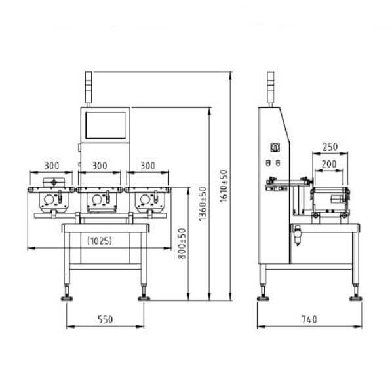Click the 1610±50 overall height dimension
(x=224, y=186)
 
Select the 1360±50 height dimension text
(x=203, y=204)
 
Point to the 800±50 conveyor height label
(x=182, y=243)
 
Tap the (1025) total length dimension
(x=100, y=241)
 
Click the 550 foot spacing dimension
(x=105, y=319)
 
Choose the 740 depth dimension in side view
(x=309, y=319)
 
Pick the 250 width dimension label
(x=330, y=147)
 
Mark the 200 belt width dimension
(x=329, y=164)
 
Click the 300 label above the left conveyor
(x=52, y=166)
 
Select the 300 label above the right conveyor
(x=147, y=166)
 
